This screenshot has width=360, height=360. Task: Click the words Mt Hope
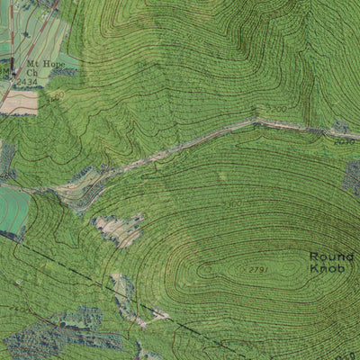coord(44,64)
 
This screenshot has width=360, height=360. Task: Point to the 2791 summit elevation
coord(258,268)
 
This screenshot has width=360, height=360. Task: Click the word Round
coord(326,256)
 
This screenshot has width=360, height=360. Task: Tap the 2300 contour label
coord(232,204)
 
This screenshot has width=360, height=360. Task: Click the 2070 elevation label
coord(344,141)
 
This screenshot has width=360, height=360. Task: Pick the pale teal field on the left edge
coord(13,208)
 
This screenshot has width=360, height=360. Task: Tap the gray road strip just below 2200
coord(270,122)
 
